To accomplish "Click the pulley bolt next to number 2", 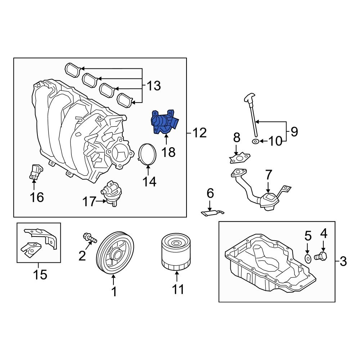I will click(x=90, y=238).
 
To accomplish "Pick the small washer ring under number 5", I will click(x=308, y=258).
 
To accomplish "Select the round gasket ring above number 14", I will click(x=148, y=154).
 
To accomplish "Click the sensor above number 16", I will click(x=34, y=171).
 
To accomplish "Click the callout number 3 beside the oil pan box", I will click(x=343, y=261).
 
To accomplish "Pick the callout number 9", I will click(x=294, y=132).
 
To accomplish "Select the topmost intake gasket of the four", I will click(x=73, y=69).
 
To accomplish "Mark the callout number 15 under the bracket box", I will click(x=40, y=274).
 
